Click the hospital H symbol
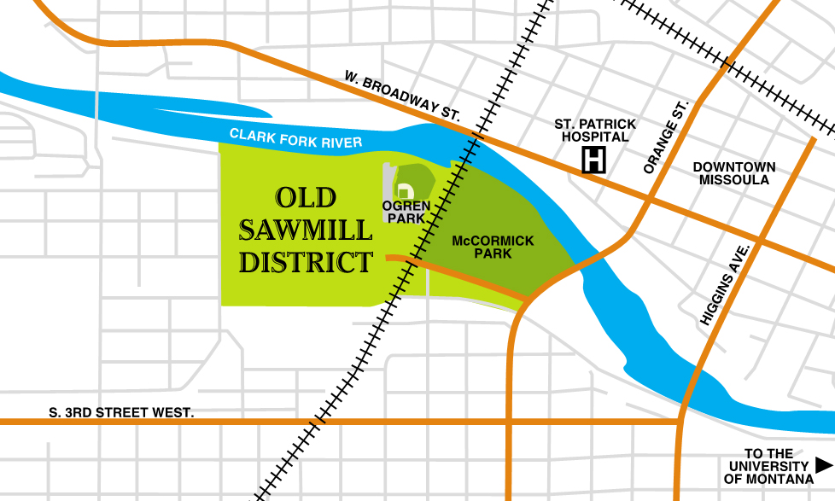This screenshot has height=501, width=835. point(594,160)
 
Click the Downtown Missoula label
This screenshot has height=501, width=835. point(733,173)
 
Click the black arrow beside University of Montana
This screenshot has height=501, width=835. point(823,465)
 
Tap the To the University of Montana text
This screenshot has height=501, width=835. point(768,466)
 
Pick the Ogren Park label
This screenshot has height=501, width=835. point(406,212)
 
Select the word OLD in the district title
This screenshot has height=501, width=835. point(305,198)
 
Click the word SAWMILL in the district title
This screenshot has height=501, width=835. point(305,230)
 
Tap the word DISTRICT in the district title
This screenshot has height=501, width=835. point(305,261)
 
